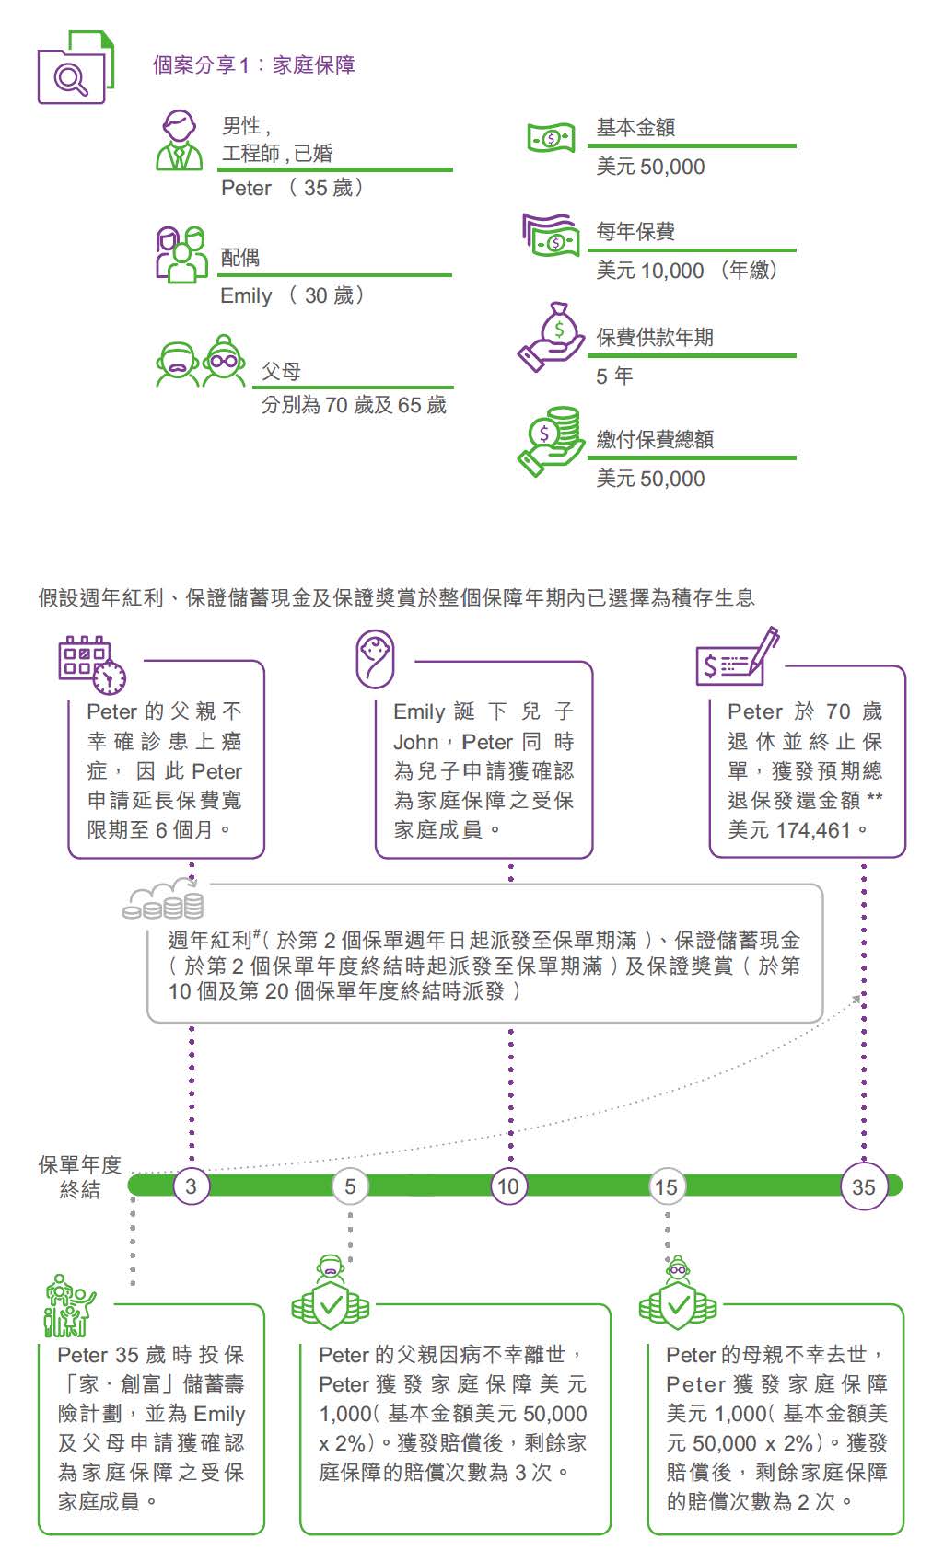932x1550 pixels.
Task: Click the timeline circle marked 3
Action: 191,1186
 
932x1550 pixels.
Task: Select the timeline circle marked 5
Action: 350,1186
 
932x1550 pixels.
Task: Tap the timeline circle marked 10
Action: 508,1186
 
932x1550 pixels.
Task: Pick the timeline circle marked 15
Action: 666,1186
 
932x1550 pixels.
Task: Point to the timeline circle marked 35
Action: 863,1186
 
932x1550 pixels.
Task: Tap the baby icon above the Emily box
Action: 375,658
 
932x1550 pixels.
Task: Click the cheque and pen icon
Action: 737,656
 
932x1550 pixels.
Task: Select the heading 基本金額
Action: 635,128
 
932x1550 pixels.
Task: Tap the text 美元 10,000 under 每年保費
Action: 650,271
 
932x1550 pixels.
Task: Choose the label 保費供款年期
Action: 655,337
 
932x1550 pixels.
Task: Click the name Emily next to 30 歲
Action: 246,296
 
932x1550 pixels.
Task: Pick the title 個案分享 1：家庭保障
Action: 253,65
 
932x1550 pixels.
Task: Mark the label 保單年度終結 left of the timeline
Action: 79,1177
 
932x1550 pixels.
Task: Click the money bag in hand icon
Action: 551,337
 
